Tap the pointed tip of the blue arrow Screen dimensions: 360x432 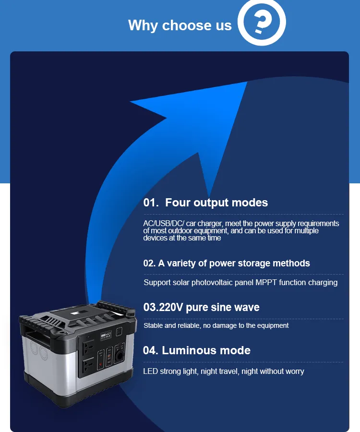pos(247,82)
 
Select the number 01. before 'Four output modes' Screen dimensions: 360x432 pos(151,203)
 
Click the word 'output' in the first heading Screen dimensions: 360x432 pos(211,203)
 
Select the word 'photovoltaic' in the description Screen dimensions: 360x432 pos(212,283)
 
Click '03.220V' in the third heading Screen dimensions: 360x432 pos(163,308)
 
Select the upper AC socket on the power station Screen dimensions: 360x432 pos(89,348)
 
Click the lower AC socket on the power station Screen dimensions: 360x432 pos(89,366)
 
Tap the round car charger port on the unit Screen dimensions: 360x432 pos(120,355)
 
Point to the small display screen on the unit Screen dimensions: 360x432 pos(106,336)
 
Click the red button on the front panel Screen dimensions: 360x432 pos(100,364)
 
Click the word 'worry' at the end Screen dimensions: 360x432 pos(295,372)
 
